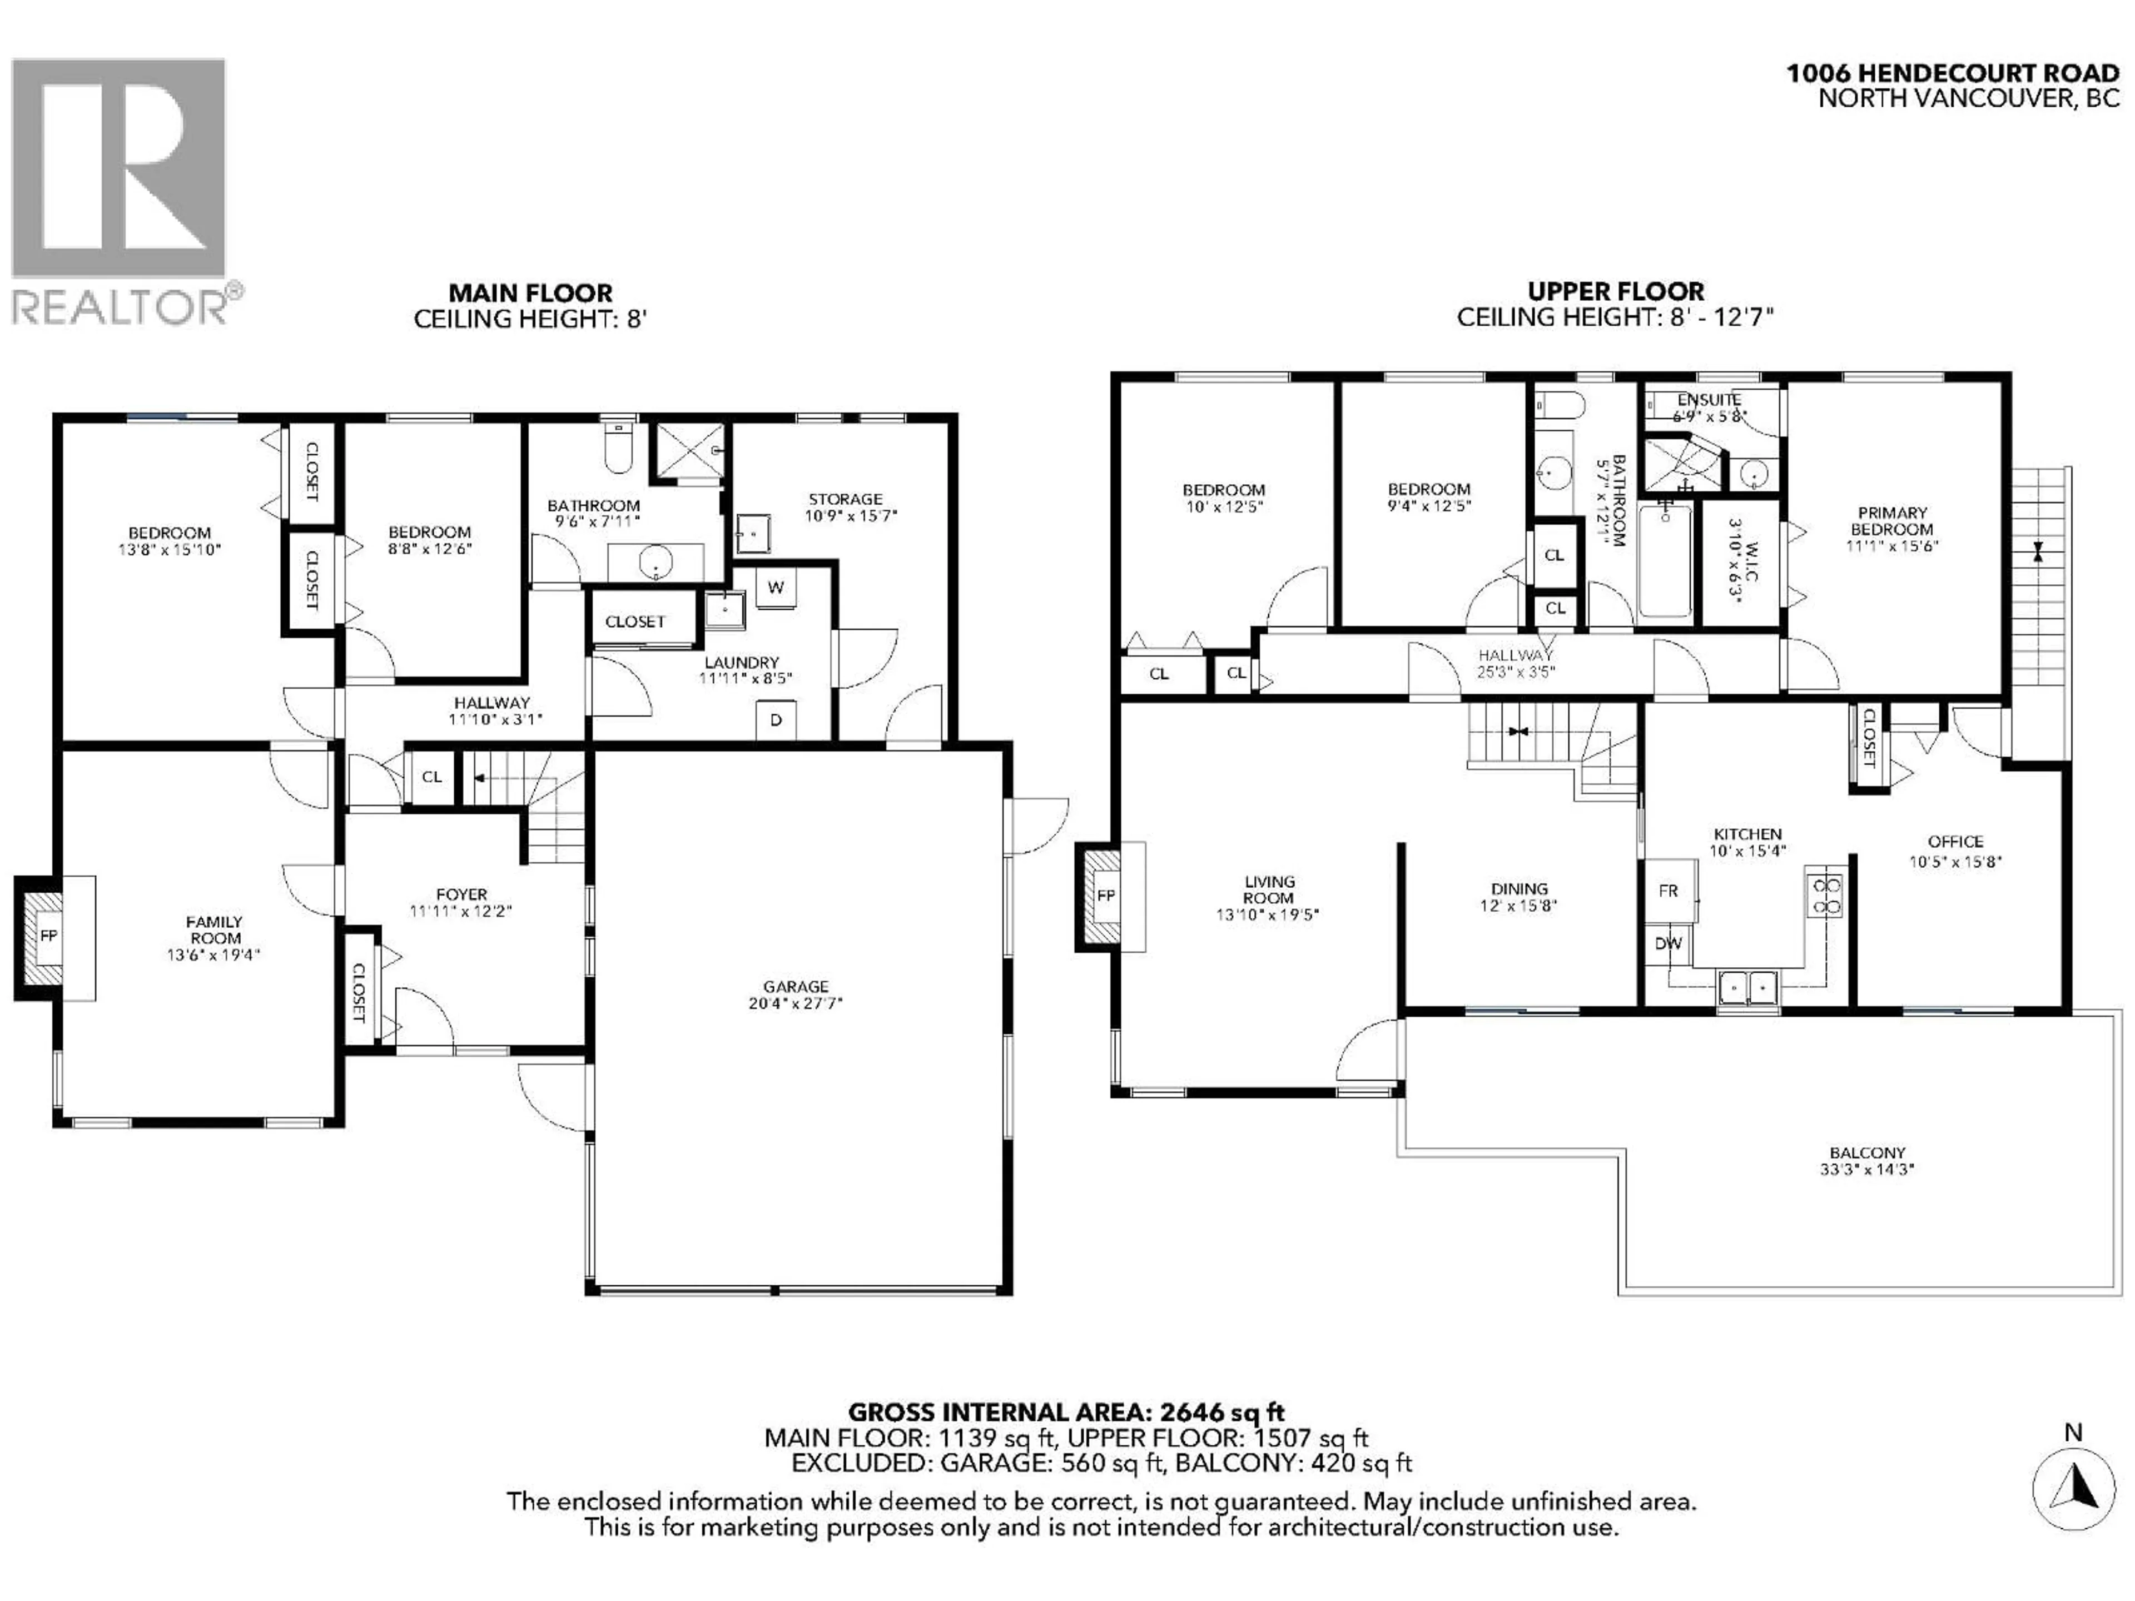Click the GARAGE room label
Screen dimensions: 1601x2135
[795, 986]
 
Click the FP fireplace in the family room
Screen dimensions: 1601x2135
[48, 936]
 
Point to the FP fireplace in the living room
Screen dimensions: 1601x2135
[1106, 896]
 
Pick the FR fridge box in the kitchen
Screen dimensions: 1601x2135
[1669, 891]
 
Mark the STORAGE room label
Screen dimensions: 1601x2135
[846, 499]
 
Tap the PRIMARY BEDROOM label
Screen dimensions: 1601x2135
[1892, 521]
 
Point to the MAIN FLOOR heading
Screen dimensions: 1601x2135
[530, 292]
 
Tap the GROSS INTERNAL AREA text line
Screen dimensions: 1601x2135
[1066, 1413]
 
